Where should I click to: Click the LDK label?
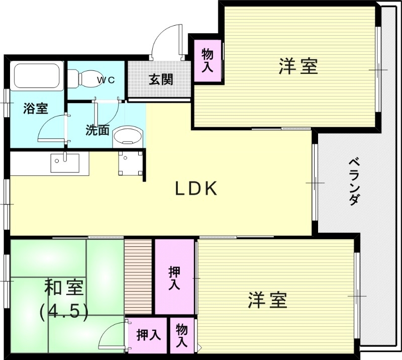pyautogui.click(x=196, y=189)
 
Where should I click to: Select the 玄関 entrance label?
pyautogui.click(x=161, y=79)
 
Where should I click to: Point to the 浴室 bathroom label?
pyautogui.click(x=36, y=108)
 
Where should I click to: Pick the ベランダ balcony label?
pyautogui.click(x=354, y=181)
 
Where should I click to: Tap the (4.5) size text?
pyautogui.click(x=64, y=311)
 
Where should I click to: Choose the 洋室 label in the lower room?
pyautogui.click(x=267, y=300)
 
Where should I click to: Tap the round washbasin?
pyautogui.click(x=128, y=136)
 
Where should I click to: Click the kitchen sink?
pyautogui.click(x=64, y=162)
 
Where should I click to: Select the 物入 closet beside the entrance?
pyautogui.click(x=207, y=60)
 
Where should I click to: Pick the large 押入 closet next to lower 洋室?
pyautogui.click(x=174, y=277)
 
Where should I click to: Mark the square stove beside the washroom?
pyautogui.click(x=130, y=162)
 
